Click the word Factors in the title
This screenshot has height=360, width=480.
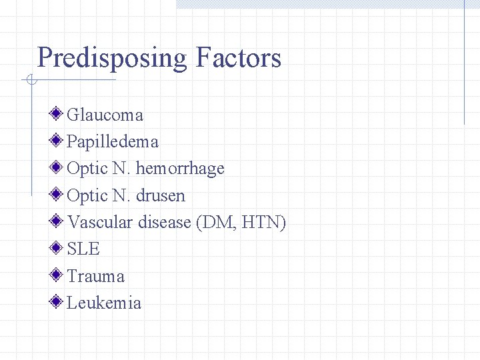pos(238,58)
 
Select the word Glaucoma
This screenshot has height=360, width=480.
pos(105,115)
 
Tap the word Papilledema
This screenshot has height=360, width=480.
pos(113,141)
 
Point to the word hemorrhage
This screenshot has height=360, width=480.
pos(180,169)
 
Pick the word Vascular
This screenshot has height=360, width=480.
pos(101,222)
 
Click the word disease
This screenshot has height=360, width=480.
pos(165,222)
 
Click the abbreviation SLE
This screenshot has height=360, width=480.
pos(83,249)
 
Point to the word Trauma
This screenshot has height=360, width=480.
pos(96,276)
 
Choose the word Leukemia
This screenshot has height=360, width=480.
pos(104,303)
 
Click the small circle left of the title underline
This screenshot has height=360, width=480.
pos(30,81)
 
